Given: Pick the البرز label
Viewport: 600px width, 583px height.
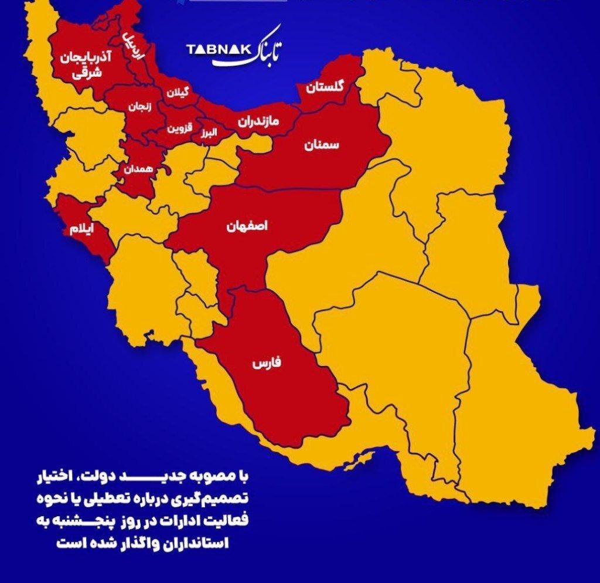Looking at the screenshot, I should (x=209, y=133).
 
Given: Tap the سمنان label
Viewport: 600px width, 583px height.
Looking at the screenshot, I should (x=322, y=145).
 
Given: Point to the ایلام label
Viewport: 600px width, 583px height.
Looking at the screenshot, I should (x=81, y=229).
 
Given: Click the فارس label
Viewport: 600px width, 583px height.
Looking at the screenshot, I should (x=267, y=363).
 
